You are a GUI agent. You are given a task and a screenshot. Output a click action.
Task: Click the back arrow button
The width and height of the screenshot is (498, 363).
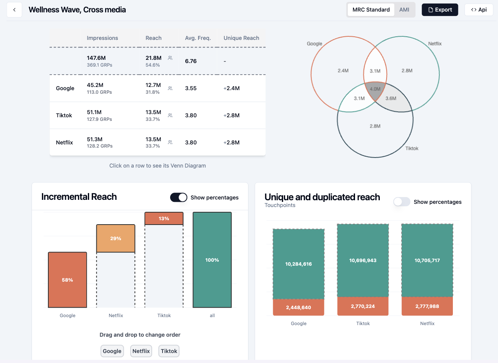14,10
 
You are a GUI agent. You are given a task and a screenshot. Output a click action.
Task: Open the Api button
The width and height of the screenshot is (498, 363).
478,10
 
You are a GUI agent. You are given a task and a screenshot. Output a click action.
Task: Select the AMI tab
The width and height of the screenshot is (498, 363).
404,10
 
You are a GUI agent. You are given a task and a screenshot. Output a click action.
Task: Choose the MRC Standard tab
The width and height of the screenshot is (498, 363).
371,10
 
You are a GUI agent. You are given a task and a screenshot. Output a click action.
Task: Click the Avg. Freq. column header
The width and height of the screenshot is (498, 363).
198,38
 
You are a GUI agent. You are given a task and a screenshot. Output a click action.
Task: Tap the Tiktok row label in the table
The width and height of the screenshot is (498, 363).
64,115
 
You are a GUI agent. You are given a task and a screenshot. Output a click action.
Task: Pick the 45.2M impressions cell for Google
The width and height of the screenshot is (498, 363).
95,85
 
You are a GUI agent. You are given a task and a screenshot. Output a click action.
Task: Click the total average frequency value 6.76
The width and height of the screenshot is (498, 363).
191,61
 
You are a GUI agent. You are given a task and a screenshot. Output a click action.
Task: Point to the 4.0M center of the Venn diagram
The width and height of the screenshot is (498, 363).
375,89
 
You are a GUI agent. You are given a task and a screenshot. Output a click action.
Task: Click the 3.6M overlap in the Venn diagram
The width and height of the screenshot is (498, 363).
391,99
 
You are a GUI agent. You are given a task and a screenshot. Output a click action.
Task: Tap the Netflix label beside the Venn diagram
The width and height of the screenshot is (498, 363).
435,43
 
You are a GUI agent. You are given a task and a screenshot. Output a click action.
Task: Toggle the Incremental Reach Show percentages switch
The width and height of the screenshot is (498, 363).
179,197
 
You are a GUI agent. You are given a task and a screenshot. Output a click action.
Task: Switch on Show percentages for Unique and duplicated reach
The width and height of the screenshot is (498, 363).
402,202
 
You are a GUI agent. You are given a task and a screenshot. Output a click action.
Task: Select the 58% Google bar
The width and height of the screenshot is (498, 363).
67,280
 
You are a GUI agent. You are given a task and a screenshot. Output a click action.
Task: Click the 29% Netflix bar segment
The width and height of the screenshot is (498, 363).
115,239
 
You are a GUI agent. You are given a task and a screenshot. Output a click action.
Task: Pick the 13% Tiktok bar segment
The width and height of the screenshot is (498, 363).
164,219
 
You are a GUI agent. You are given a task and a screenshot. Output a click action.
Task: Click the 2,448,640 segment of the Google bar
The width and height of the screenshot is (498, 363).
298,307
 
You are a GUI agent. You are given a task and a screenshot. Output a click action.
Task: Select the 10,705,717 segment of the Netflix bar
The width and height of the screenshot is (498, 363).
427,260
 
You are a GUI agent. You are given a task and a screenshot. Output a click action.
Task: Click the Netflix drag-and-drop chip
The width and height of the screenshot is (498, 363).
141,351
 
